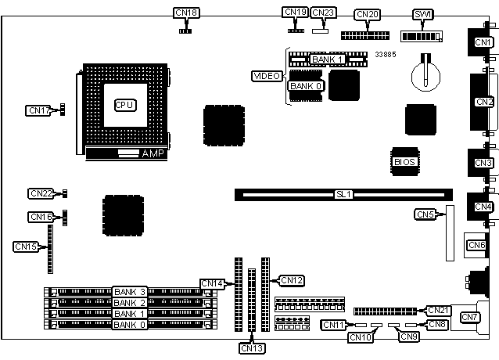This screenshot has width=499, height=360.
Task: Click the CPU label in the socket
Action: click(124, 104)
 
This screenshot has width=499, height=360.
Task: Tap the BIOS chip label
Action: click(404, 162)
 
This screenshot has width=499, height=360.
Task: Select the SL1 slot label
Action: click(343, 193)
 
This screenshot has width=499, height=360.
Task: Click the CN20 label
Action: click(366, 15)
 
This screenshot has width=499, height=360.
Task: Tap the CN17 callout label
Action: click(38, 111)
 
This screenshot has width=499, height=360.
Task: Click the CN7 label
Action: click(470, 317)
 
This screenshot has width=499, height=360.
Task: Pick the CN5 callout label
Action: click(425, 214)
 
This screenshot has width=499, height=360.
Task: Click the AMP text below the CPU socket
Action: click(152, 153)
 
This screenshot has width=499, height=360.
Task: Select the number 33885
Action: click(386, 54)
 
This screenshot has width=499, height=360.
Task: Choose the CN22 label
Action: click(41, 193)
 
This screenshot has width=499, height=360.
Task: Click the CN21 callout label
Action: click(438, 310)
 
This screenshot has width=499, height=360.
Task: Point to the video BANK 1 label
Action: click(327, 59)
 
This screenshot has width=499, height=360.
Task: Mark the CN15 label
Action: click(26, 247)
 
